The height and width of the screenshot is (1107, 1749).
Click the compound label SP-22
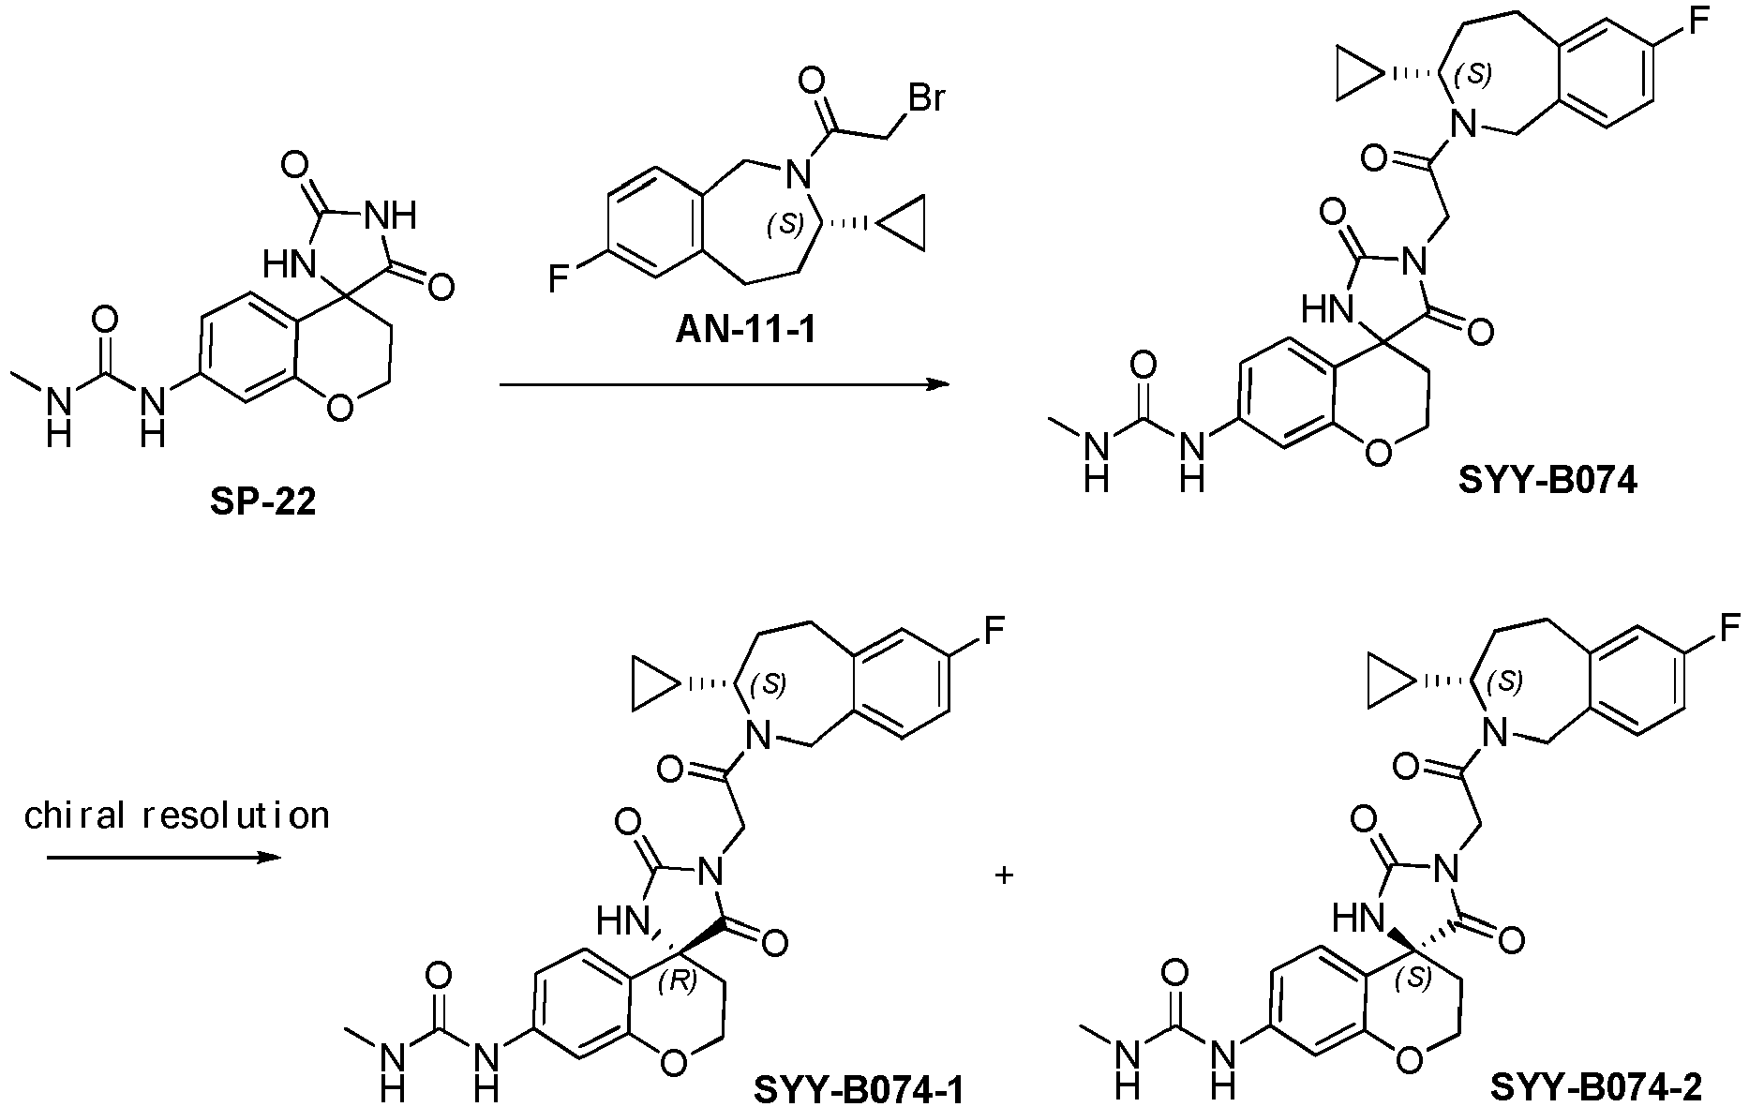click(x=263, y=502)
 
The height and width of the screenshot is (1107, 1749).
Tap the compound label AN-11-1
click(x=746, y=331)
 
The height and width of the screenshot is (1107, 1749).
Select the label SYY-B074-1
click(x=860, y=1089)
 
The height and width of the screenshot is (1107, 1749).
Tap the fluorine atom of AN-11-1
click(x=559, y=278)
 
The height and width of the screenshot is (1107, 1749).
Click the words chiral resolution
click(x=177, y=815)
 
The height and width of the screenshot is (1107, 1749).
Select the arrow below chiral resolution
click(x=164, y=857)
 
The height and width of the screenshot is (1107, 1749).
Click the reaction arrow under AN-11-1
click(x=724, y=384)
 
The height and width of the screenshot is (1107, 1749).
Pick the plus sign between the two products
click(x=1005, y=876)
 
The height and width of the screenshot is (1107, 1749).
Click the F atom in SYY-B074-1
click(x=994, y=628)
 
